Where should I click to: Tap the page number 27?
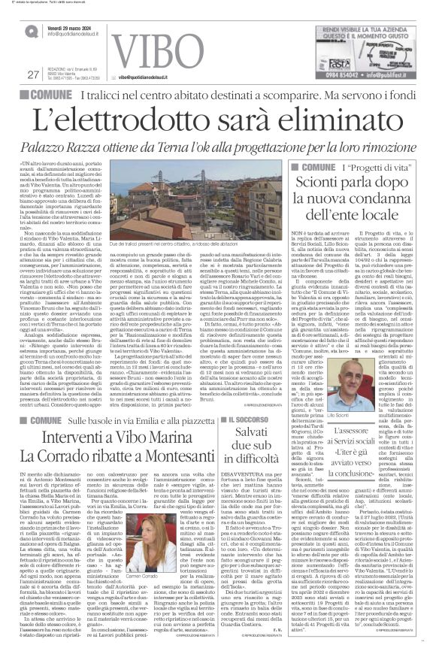click(x=32, y=74)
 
